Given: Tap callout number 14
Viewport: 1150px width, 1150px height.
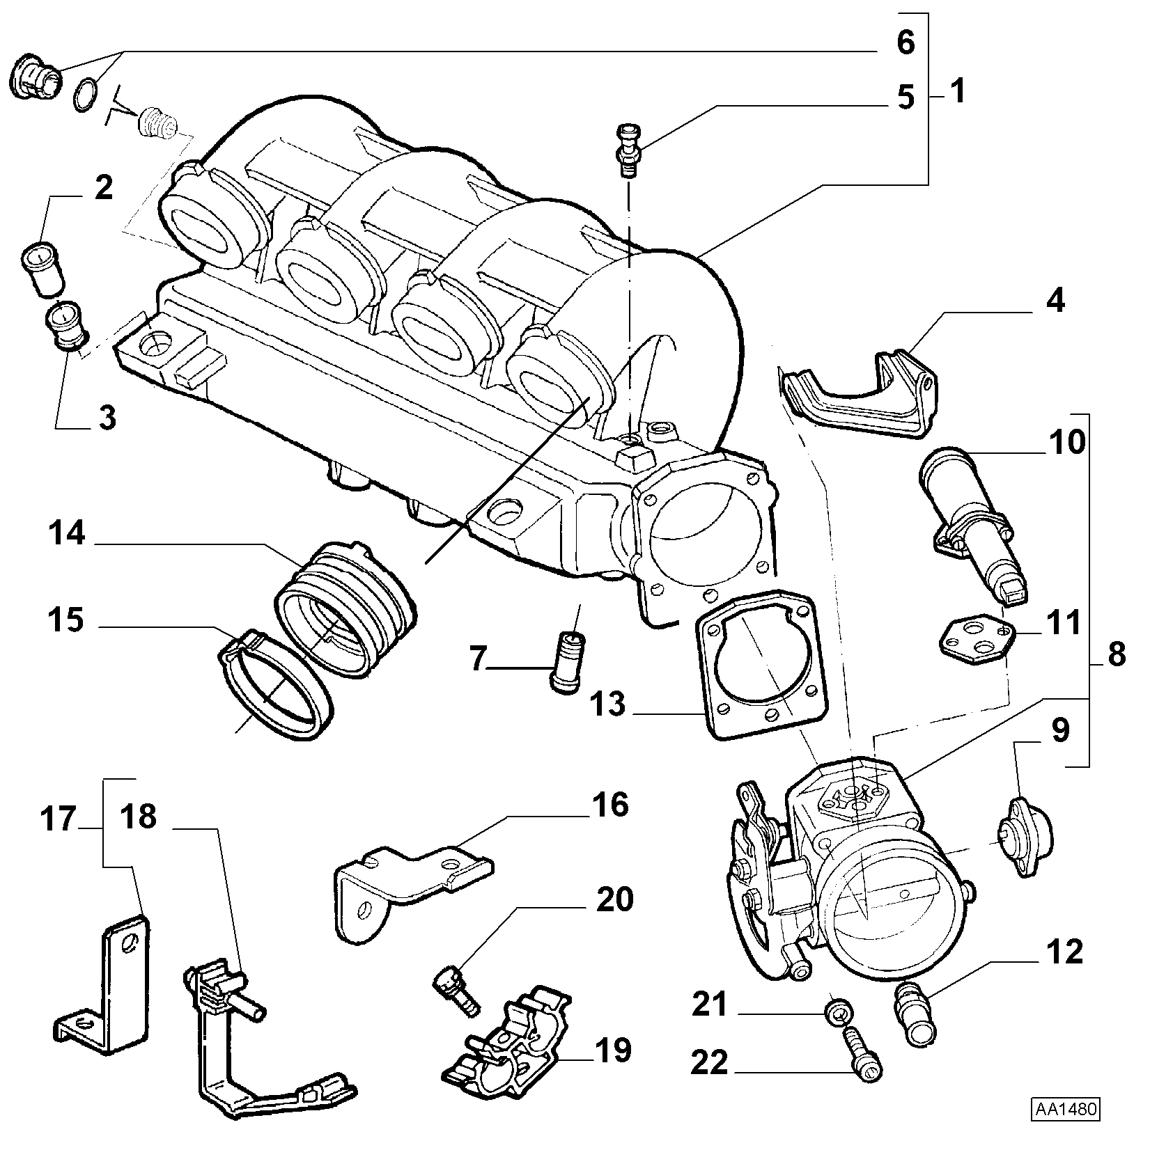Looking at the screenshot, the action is tap(67, 535).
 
